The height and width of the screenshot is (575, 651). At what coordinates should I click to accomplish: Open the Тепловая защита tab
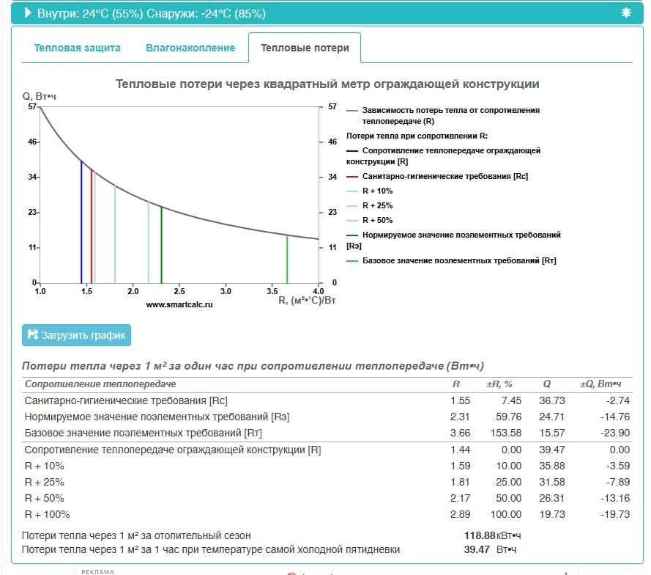(x=77, y=48)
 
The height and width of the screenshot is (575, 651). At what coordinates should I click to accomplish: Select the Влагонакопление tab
(x=190, y=48)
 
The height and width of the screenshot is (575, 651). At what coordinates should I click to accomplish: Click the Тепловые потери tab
(x=305, y=48)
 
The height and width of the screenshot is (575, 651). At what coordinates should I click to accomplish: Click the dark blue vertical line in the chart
(x=81, y=227)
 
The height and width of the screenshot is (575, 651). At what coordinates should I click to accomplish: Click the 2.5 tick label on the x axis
(x=179, y=291)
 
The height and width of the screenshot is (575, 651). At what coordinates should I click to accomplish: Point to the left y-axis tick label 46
(x=32, y=142)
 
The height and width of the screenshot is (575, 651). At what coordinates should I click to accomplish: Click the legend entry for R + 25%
(x=377, y=205)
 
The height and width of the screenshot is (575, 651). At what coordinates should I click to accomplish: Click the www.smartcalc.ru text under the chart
(x=179, y=304)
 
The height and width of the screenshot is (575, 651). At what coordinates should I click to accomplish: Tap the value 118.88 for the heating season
(x=480, y=535)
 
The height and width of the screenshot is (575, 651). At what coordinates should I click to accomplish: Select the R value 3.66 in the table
(x=460, y=433)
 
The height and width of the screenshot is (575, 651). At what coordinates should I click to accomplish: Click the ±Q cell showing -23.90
(x=615, y=433)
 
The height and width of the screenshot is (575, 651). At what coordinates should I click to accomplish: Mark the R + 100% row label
(x=48, y=514)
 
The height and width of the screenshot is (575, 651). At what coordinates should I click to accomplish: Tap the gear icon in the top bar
(x=625, y=12)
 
